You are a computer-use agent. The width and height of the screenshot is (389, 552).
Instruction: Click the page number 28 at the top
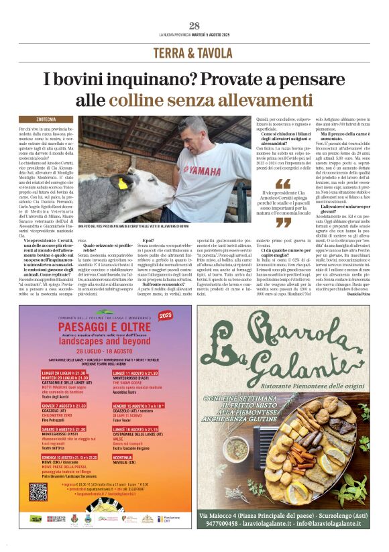194,25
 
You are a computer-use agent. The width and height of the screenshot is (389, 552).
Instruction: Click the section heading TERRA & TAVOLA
194,53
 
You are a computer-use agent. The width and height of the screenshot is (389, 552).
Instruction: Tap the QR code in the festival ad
39,492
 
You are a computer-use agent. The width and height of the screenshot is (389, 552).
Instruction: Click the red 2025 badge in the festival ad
165,315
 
